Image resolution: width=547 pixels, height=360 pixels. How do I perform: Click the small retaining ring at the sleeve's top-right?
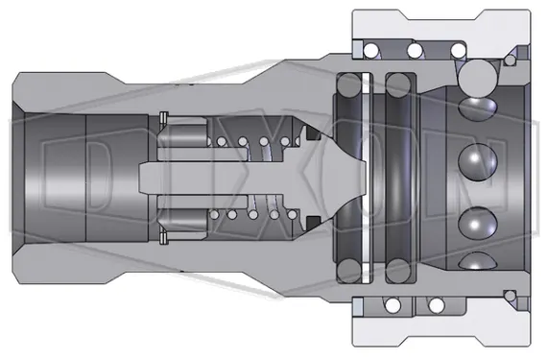[x=509, y=60]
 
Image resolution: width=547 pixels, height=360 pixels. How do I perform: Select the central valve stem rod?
[x=221, y=179]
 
